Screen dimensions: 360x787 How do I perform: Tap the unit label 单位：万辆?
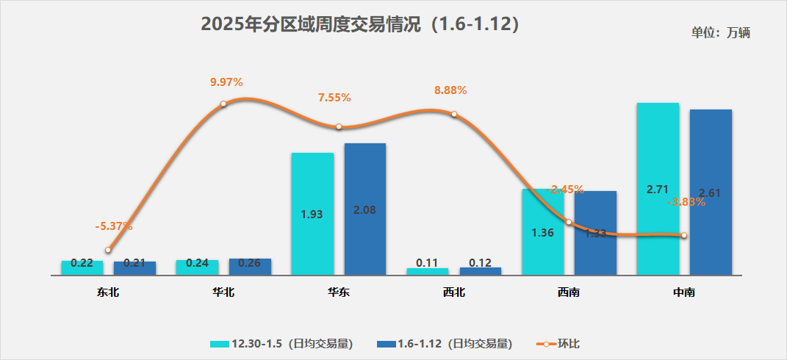720,32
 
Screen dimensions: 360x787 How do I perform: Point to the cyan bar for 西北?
428,271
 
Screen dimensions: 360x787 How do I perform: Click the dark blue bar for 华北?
250,267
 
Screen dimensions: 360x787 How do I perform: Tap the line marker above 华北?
223,104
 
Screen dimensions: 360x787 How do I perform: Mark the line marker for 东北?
108,250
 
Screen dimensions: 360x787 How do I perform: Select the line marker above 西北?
454,114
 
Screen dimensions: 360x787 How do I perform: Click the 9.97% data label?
226,82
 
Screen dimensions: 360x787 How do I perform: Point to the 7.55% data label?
334,97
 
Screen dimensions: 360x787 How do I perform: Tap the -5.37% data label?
114,226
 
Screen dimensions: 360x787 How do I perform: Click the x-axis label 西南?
569,292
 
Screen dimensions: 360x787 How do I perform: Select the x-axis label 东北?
108,292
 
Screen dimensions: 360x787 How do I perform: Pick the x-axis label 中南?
684,292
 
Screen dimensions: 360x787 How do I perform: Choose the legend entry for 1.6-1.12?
444,343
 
